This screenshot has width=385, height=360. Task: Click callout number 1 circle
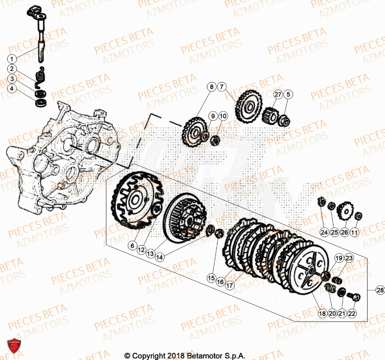[12, 59]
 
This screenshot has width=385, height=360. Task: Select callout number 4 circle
[12, 89]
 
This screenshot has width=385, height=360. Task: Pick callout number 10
[223, 116]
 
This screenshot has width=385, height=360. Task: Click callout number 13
[150, 254]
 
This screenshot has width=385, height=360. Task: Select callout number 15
[211, 278]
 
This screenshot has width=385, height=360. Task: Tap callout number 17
[230, 286]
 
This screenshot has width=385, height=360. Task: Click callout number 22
[351, 313]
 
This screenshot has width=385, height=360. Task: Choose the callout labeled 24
[324, 232]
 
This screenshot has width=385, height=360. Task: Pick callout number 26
[344, 232]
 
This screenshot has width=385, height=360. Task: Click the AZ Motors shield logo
[14, 345]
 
